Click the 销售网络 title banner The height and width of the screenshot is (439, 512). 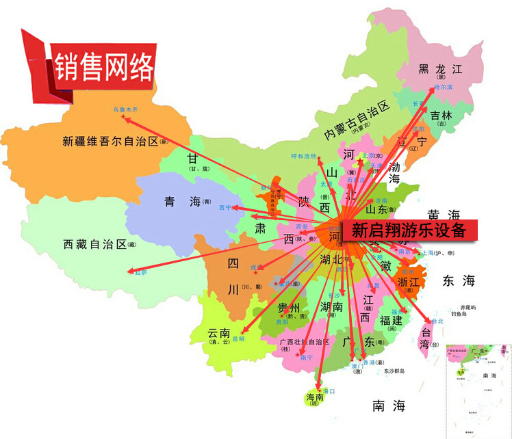click(103, 66)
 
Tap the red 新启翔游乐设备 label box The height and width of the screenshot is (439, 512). click(408, 230)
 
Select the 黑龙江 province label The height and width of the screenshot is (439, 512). click(440, 68)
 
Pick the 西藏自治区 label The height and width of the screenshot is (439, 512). click(95, 244)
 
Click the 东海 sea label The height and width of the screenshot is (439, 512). click(458, 280)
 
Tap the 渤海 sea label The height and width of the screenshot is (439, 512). click(394, 172)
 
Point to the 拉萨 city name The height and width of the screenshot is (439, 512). click(140, 272)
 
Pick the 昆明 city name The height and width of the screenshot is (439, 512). click(238, 338)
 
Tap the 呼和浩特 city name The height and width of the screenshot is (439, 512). click(305, 156)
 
